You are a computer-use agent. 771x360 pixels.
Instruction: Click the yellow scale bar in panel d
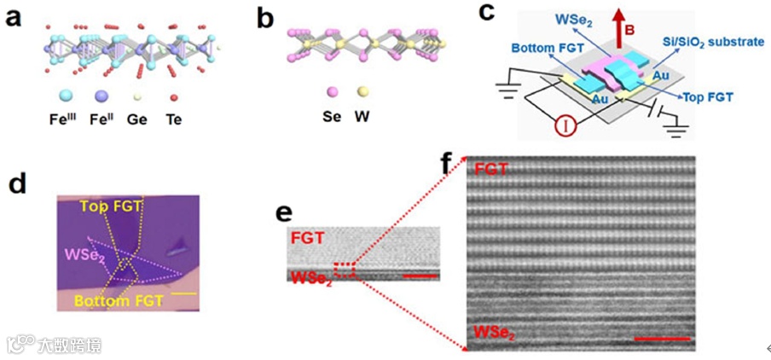coord(188,293)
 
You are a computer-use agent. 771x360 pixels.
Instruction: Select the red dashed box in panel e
coord(345,270)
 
